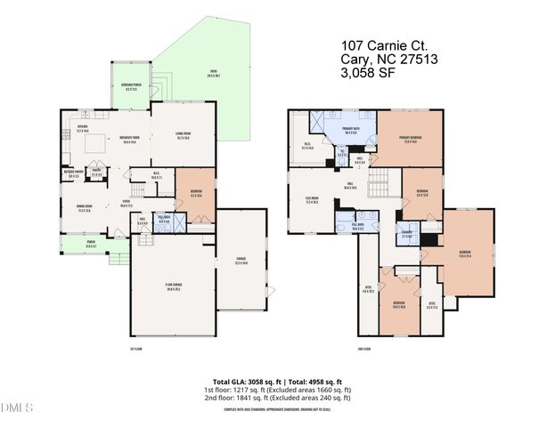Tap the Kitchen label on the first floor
82,130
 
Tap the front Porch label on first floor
78,246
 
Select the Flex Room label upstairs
312,202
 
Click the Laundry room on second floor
406,236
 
